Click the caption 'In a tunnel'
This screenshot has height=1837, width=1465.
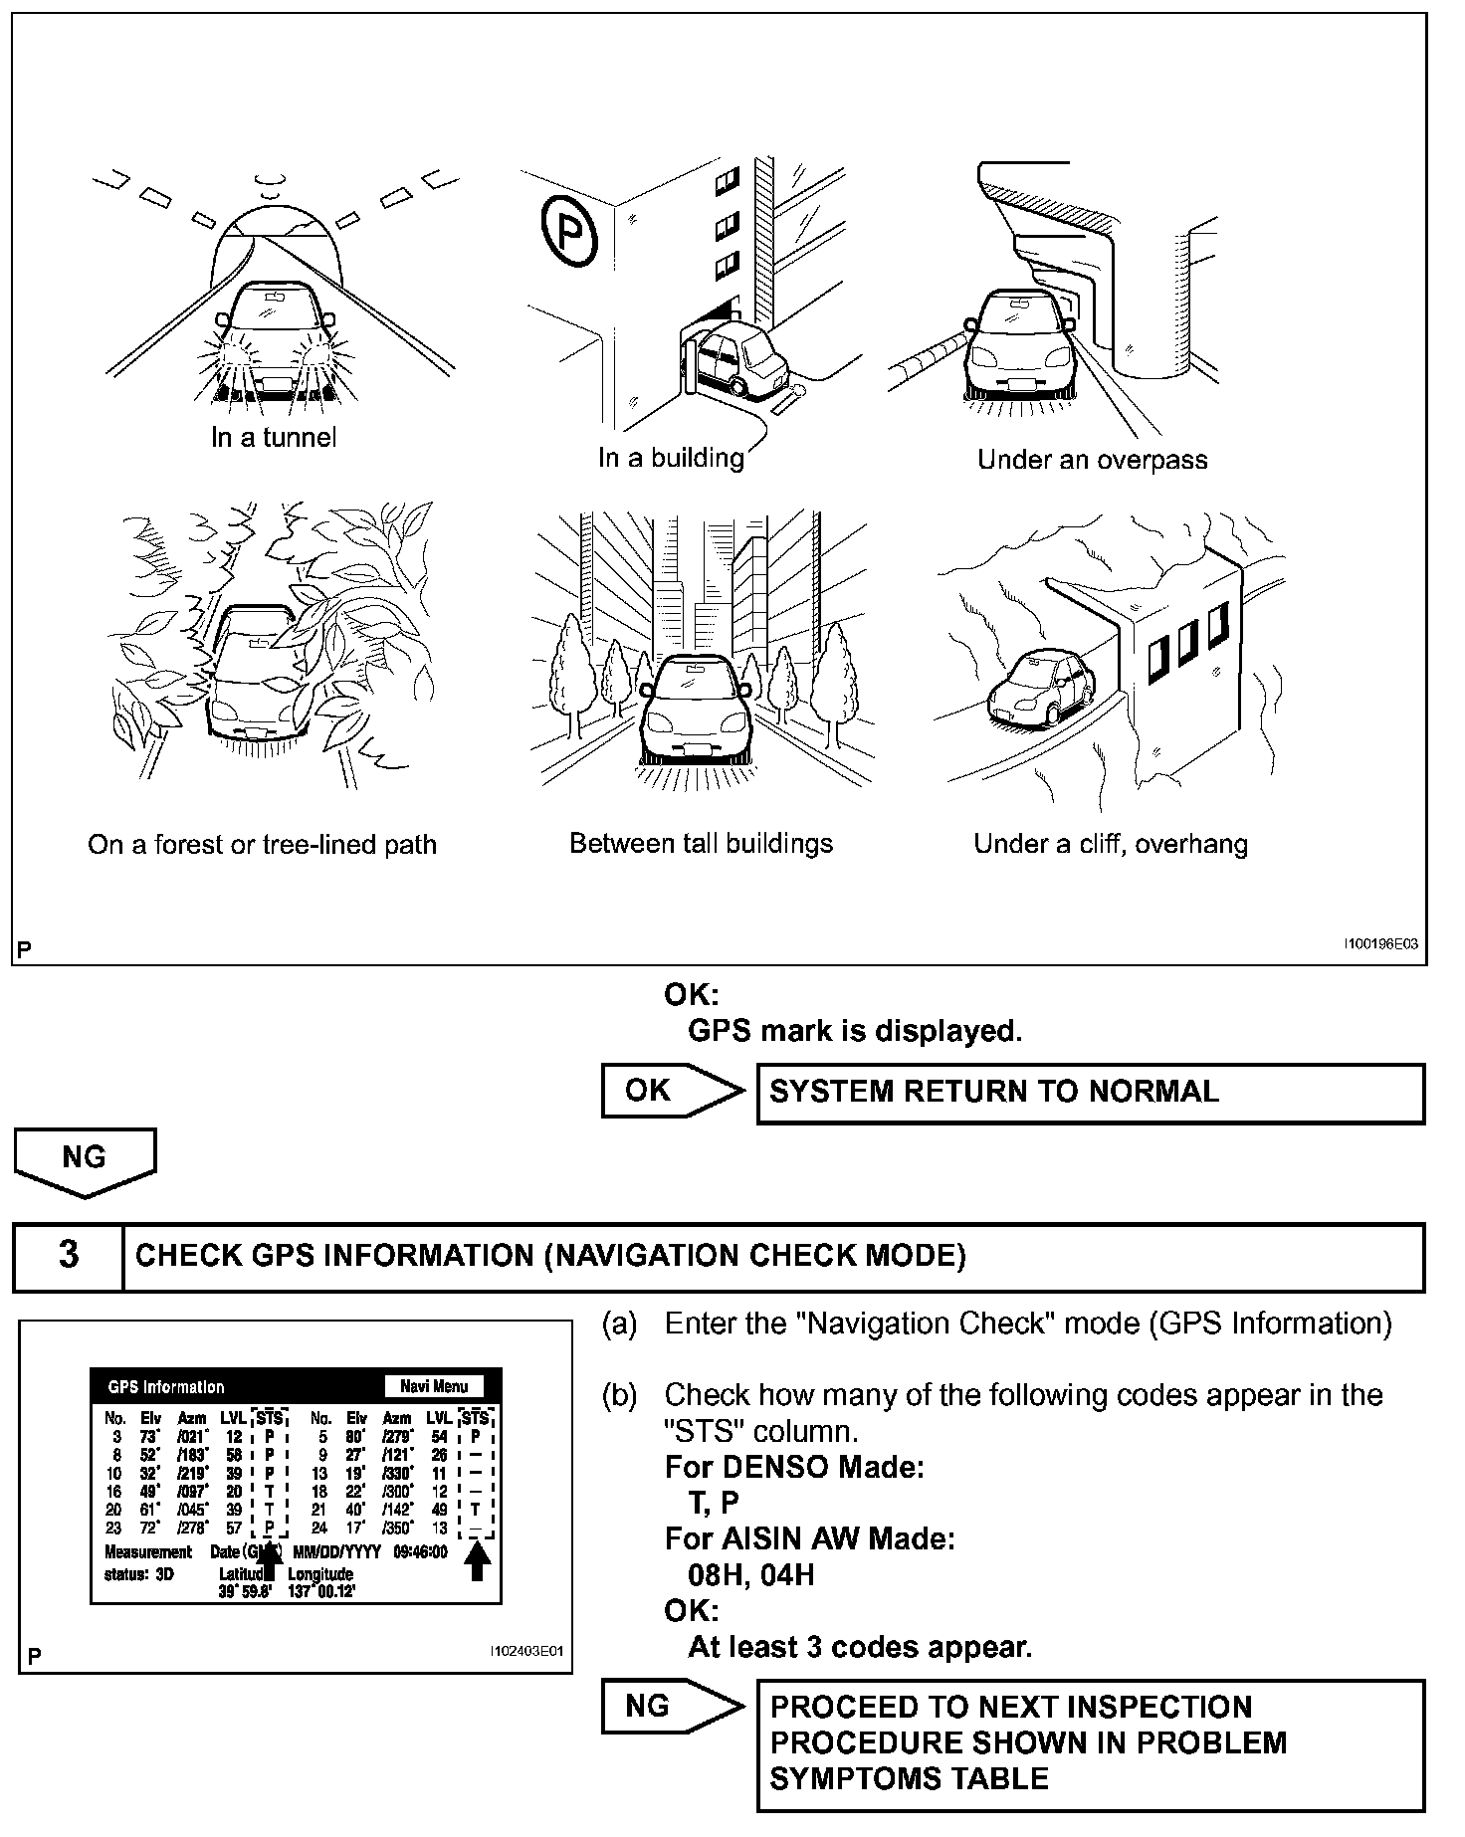[x=274, y=437]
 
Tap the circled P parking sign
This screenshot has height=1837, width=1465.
[x=571, y=233]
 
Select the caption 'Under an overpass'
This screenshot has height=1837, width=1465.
[x=1092, y=460]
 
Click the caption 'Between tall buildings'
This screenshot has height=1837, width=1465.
[x=701, y=844]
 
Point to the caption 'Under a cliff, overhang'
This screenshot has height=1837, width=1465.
[x=1110, y=845]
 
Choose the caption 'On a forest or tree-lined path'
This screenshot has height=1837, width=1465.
[x=262, y=845]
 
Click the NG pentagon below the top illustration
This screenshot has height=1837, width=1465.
[x=85, y=1158]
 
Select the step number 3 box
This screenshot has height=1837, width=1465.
[x=68, y=1256]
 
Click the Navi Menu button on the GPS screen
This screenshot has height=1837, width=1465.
[x=434, y=1386]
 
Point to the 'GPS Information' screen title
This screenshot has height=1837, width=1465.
[x=166, y=1387]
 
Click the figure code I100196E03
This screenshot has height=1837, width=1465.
[x=1379, y=944]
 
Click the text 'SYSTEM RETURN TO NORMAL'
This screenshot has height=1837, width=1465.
[x=993, y=1092]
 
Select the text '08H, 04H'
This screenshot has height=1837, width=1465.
[x=750, y=1575]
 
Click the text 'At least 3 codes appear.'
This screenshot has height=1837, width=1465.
[x=860, y=1647]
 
